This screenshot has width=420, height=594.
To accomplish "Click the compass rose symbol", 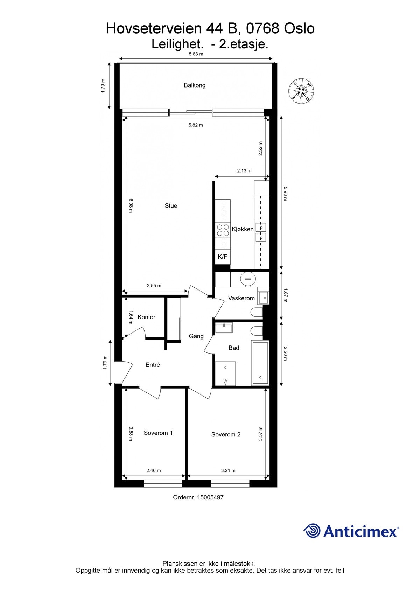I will click(x=301, y=91).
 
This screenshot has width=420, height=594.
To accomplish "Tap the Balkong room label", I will click(x=195, y=85).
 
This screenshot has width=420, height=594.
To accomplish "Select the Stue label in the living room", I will click(x=171, y=206).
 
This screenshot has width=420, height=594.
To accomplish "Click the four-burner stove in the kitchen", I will click(x=223, y=230).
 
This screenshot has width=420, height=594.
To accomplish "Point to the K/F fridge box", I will click(x=223, y=257).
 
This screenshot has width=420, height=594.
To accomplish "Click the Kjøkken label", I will click(x=243, y=229).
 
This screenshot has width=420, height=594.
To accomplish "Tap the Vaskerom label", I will click(x=241, y=298).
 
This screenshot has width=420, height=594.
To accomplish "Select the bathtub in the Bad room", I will click(x=260, y=363).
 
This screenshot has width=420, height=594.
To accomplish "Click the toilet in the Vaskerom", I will click(x=257, y=312).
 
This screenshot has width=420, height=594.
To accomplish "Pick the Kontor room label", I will click(x=146, y=317).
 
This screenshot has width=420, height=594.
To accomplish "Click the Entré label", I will click(x=153, y=365).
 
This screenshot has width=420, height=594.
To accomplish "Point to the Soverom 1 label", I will click(x=158, y=433).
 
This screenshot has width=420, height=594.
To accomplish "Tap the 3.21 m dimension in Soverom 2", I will click(x=228, y=470).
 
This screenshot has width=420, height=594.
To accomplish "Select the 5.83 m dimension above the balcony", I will click(x=196, y=54).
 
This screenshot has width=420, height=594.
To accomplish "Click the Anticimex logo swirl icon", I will click(x=312, y=531).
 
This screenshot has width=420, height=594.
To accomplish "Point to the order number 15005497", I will click(x=210, y=497).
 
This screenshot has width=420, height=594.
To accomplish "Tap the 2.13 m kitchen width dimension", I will click(x=244, y=171).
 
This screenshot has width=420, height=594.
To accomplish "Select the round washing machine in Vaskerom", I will click(x=248, y=279).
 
